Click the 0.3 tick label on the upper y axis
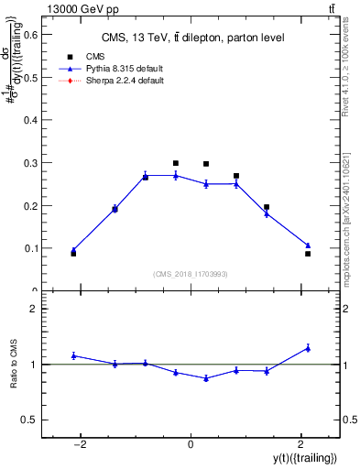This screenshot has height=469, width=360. (x=30, y=163)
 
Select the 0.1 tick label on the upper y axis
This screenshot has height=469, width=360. (x=30, y=248)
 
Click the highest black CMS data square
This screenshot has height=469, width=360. (x=176, y=163)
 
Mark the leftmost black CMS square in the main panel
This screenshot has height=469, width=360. (x=73, y=253)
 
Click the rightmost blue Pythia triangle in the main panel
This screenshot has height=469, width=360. (x=308, y=245)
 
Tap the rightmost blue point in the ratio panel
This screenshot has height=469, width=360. (x=308, y=348)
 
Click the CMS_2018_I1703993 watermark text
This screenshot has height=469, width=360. (x=191, y=273)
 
